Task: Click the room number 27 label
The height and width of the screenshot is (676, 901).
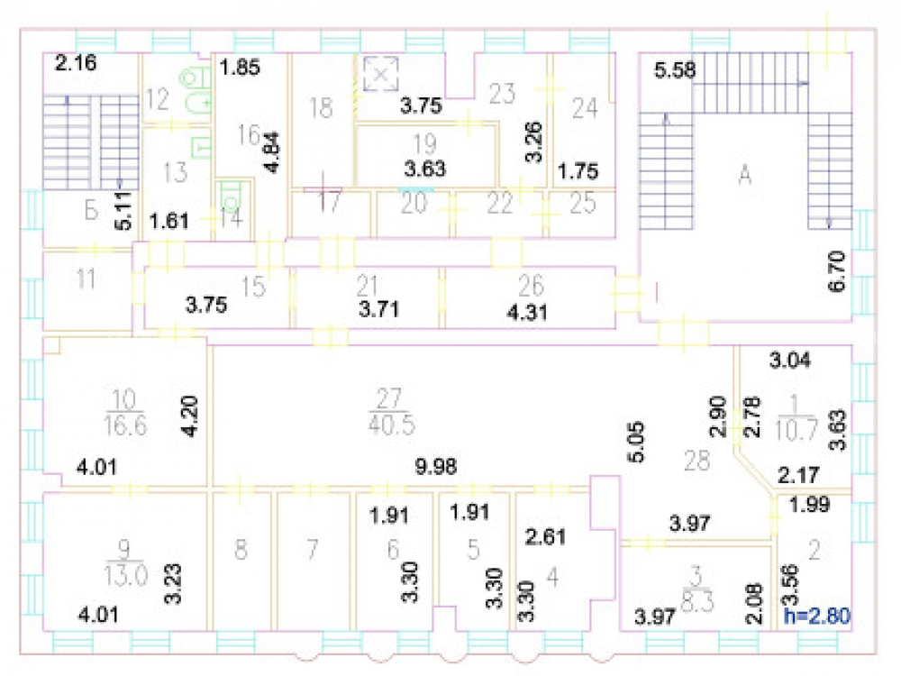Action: click(389, 397)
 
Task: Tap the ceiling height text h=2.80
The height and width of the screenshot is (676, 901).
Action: click(817, 616)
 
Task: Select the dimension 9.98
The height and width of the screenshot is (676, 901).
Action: click(435, 466)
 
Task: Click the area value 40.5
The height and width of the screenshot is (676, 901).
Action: click(391, 425)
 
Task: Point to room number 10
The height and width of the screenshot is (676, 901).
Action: click(124, 399)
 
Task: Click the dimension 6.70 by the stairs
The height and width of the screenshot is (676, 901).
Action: click(837, 271)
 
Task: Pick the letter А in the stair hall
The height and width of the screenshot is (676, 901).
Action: click(745, 173)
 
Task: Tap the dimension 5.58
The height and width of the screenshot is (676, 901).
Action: click(675, 70)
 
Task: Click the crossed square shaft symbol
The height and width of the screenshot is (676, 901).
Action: click(381, 73)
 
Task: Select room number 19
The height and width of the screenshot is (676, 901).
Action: click(424, 142)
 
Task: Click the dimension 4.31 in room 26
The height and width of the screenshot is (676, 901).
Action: click(527, 312)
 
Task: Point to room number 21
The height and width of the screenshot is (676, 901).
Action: click(367, 285)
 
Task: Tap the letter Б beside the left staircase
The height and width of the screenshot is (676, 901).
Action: click(91, 211)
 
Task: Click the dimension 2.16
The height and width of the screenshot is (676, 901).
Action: click(76, 62)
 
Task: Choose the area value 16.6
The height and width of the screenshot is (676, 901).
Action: click(125, 425)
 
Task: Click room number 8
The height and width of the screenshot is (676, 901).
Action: click(241, 550)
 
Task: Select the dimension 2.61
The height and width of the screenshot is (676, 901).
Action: click(545, 536)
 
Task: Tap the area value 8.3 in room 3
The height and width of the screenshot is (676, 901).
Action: click(697, 602)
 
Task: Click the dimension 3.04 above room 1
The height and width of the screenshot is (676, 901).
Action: click(790, 361)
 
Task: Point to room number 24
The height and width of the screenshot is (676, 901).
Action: click(585, 108)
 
